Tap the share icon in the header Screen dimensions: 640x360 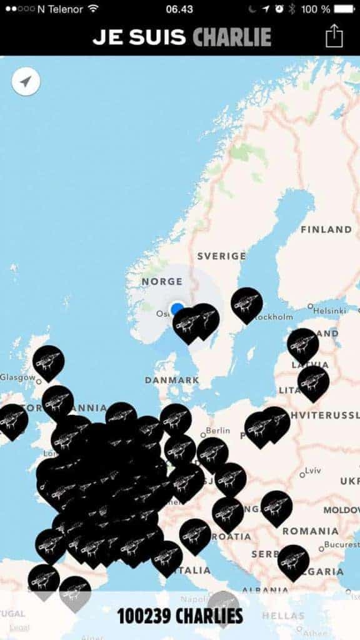point(334,35)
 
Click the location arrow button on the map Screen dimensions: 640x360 point(26,82)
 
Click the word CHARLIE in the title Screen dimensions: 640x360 point(232,37)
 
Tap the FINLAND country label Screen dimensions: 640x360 point(326,229)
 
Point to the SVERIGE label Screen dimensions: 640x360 point(221,256)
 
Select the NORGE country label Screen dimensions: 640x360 point(162,281)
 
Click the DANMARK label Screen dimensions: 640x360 point(172,379)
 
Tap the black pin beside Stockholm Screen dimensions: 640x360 point(246,304)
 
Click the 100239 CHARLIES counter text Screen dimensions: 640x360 point(180,616)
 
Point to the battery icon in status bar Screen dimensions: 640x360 point(344,9)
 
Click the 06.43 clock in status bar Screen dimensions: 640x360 point(179,9)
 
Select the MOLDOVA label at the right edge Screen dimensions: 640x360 point(341,510)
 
